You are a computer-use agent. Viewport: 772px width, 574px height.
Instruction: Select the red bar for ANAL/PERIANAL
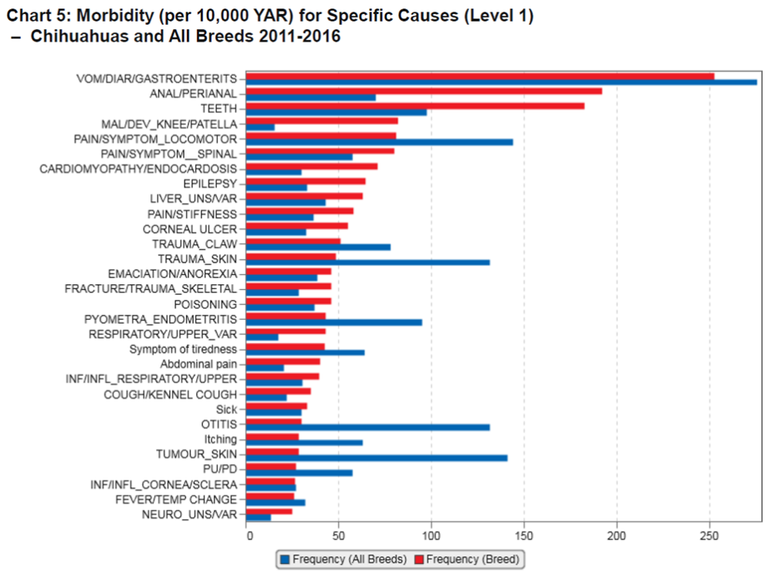point(425,91)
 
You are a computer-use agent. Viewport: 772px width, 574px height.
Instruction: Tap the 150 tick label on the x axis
point(523,535)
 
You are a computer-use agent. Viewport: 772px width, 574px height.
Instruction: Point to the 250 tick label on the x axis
point(708,535)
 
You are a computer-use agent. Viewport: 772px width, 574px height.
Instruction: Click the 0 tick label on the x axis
point(248,535)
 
